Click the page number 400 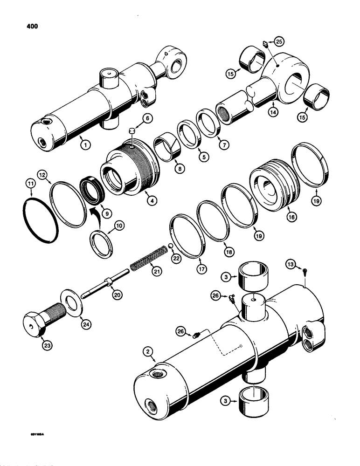pyautogui.click(x=28, y=27)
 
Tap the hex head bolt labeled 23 pyautogui.click(x=37, y=322)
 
